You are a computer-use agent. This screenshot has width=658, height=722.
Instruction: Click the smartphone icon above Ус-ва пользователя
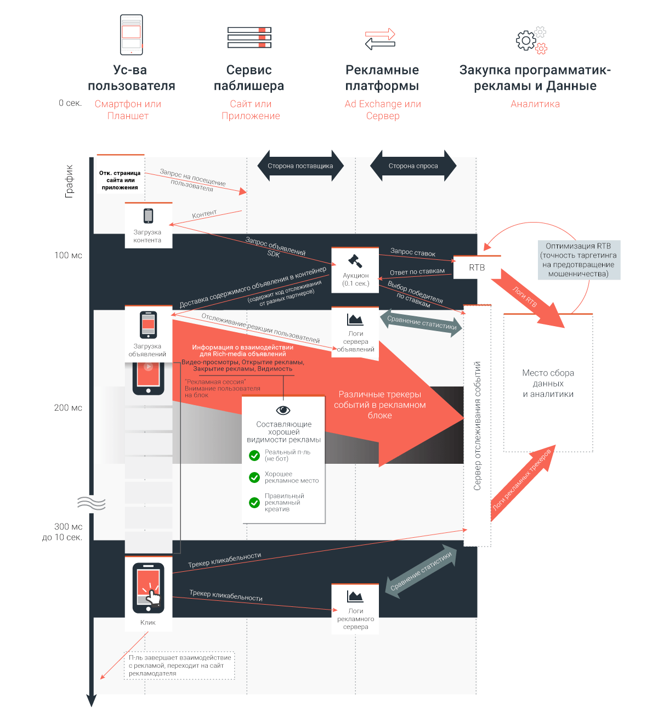[131, 35]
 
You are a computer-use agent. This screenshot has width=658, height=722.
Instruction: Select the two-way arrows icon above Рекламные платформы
[380, 39]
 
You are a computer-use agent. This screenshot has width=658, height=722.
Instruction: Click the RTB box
[477, 267]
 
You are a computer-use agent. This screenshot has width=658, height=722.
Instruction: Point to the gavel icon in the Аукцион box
[355, 261]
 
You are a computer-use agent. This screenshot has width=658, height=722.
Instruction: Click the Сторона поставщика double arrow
[300, 166]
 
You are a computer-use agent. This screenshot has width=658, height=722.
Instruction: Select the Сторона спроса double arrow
[413, 166]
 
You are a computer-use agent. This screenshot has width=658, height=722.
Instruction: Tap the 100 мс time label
[68, 255]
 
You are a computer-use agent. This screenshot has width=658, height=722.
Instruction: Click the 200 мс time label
[68, 407]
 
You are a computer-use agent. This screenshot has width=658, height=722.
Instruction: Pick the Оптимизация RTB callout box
[579, 259]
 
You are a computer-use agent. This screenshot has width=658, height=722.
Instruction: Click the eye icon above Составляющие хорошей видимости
[283, 410]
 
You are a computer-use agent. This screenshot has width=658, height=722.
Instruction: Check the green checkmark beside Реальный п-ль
[254, 456]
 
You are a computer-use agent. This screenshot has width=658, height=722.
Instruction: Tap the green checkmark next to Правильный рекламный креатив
[254, 502]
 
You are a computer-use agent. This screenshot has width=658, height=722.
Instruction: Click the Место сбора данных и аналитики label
[548, 383]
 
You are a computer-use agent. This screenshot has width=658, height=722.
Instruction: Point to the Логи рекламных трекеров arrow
[523, 483]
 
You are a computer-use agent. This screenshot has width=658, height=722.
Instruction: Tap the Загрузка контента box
[149, 225]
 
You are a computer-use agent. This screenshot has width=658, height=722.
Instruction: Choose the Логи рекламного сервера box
[355, 609]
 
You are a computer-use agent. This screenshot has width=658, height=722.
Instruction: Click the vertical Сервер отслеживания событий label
[477, 425]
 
